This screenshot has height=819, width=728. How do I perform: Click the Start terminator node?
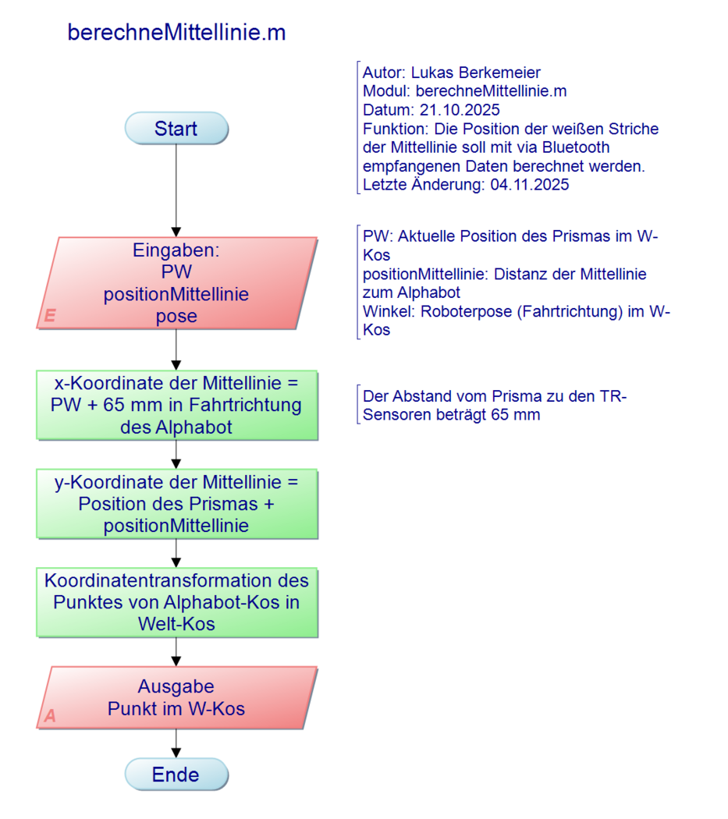[x=176, y=129]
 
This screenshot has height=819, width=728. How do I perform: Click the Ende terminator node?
[x=176, y=775]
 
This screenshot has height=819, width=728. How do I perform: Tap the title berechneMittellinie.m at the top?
[x=176, y=33]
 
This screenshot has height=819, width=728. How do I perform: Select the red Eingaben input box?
[x=176, y=282]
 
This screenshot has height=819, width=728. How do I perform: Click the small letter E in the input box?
[x=50, y=316]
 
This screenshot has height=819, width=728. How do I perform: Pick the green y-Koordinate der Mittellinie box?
[x=176, y=504]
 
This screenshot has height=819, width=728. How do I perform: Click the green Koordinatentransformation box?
[x=176, y=602]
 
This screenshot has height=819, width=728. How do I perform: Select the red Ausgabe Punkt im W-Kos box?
[x=176, y=697]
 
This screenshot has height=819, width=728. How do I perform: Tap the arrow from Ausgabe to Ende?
[x=176, y=743]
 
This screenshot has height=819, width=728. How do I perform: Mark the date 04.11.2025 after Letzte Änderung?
[x=530, y=185]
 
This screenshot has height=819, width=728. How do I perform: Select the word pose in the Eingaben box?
[x=176, y=316]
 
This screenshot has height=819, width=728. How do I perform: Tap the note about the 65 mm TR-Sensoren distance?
[x=495, y=406]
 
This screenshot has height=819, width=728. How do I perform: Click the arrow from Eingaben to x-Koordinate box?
[x=176, y=349]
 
